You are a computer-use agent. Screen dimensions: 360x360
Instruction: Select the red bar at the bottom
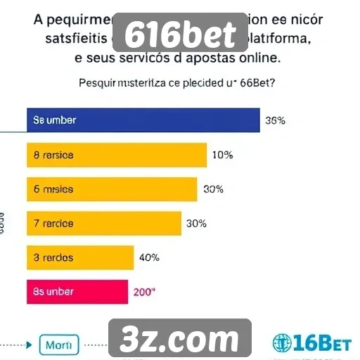[x=77, y=292]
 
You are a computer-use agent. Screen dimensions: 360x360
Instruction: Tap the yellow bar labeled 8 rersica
[x=117, y=155]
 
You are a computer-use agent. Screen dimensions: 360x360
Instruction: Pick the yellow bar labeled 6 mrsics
[x=112, y=189]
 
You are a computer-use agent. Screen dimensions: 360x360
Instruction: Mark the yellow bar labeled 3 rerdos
[x=80, y=257]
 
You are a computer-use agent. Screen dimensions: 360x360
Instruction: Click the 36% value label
[x=275, y=120]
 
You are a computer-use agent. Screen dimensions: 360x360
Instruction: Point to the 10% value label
[x=221, y=155]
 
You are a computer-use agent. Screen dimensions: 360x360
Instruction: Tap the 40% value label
[x=149, y=257]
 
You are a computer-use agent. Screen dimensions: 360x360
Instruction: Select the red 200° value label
[x=143, y=292]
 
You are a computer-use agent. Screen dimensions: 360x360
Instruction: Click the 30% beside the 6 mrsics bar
[x=213, y=189]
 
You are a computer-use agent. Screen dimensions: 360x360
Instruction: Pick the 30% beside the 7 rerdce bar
[x=196, y=224]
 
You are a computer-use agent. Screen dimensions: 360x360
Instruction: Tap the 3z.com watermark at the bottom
[x=179, y=340]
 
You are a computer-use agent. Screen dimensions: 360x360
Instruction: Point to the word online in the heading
[x=255, y=56]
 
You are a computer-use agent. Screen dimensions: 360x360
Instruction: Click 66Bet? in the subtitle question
[x=255, y=82]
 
